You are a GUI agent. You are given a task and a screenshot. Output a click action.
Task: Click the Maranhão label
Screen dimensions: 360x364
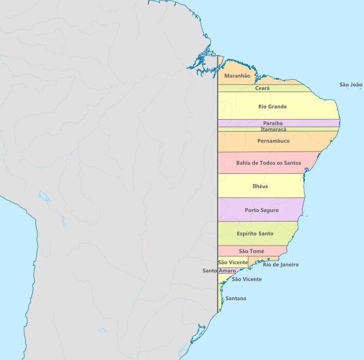click(237, 76)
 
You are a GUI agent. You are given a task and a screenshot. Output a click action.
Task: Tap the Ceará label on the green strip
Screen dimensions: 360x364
click(262, 88)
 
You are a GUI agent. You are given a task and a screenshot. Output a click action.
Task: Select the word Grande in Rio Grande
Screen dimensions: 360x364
click(278, 107)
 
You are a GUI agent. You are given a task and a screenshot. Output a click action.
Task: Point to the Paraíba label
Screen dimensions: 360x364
click(272, 123)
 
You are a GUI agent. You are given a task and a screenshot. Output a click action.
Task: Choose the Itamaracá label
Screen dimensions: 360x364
click(274, 129)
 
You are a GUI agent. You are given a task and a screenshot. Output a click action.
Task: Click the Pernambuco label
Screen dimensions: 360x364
click(274, 141)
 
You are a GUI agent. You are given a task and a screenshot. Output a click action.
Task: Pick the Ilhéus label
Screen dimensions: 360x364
click(260, 186)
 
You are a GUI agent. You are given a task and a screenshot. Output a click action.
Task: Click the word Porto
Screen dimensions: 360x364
click(253, 210)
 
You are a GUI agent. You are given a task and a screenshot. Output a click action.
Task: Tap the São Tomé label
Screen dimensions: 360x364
click(251, 251)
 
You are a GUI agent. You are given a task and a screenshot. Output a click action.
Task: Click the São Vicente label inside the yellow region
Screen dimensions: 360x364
click(233, 262)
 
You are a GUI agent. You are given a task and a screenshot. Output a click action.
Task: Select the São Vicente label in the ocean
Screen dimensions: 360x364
click(246, 279)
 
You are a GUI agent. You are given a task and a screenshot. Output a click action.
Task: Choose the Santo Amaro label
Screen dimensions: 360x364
click(219, 271)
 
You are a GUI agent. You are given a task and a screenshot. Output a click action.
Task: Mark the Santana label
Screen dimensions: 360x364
click(236, 299)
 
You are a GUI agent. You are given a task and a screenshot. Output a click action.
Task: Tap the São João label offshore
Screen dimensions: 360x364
click(350, 85)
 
